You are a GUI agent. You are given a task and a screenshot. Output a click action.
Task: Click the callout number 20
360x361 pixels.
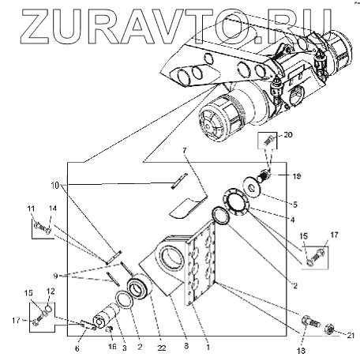288,135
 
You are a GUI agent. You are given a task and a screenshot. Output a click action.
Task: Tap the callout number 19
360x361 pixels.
296,176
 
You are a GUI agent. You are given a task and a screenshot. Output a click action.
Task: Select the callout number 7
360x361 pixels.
184,150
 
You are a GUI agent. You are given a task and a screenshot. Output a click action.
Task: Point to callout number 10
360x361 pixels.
54,186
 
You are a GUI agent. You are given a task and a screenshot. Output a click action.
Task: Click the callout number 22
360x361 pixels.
162,348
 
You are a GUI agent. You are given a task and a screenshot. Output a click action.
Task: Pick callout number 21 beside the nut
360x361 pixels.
351,336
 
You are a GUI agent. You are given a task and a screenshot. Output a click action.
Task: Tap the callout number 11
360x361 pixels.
31,209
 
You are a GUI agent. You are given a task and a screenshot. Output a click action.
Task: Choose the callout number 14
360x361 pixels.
53,209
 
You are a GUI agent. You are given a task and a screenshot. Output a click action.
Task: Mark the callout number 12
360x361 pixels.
51,291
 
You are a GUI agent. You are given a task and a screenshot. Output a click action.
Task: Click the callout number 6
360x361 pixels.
77,348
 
